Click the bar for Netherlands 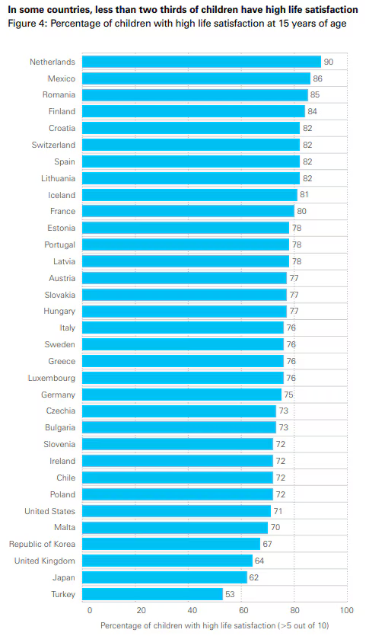pos(202,62)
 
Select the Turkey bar pos(152,594)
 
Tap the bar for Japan pos(164,577)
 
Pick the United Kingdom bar pos(167,561)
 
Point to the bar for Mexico pos(196,78)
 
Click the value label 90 pos(329,62)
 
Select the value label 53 pos(230,594)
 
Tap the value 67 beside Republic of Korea pos(267,544)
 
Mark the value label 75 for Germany pos(288,395)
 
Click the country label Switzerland pos(53,145)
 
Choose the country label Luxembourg pos(52,378)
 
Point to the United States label pos(49,511)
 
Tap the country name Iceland pos(62,195)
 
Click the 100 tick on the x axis pos(347,610)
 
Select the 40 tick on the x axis pos(192,610)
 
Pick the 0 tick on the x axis pos(90,610)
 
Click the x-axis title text pos(215,625)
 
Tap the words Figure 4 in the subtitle pos(27,24)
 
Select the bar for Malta pos(175,528)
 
